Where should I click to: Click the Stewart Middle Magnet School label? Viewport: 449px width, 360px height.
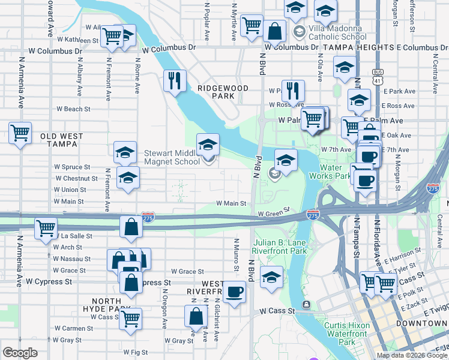[172, 157]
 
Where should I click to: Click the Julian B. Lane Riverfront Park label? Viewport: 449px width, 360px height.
[280, 250]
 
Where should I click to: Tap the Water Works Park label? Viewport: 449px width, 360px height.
[329, 172]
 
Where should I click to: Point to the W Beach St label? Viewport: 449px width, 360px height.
[73, 109]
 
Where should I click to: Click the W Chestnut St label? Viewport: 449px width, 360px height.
[76, 178]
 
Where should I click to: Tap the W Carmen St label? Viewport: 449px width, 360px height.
[73, 328]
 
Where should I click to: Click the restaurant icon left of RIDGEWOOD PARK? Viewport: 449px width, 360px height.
[175, 80]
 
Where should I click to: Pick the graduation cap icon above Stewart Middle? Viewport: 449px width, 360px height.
[208, 144]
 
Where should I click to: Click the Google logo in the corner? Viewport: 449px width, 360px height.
[20, 353]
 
